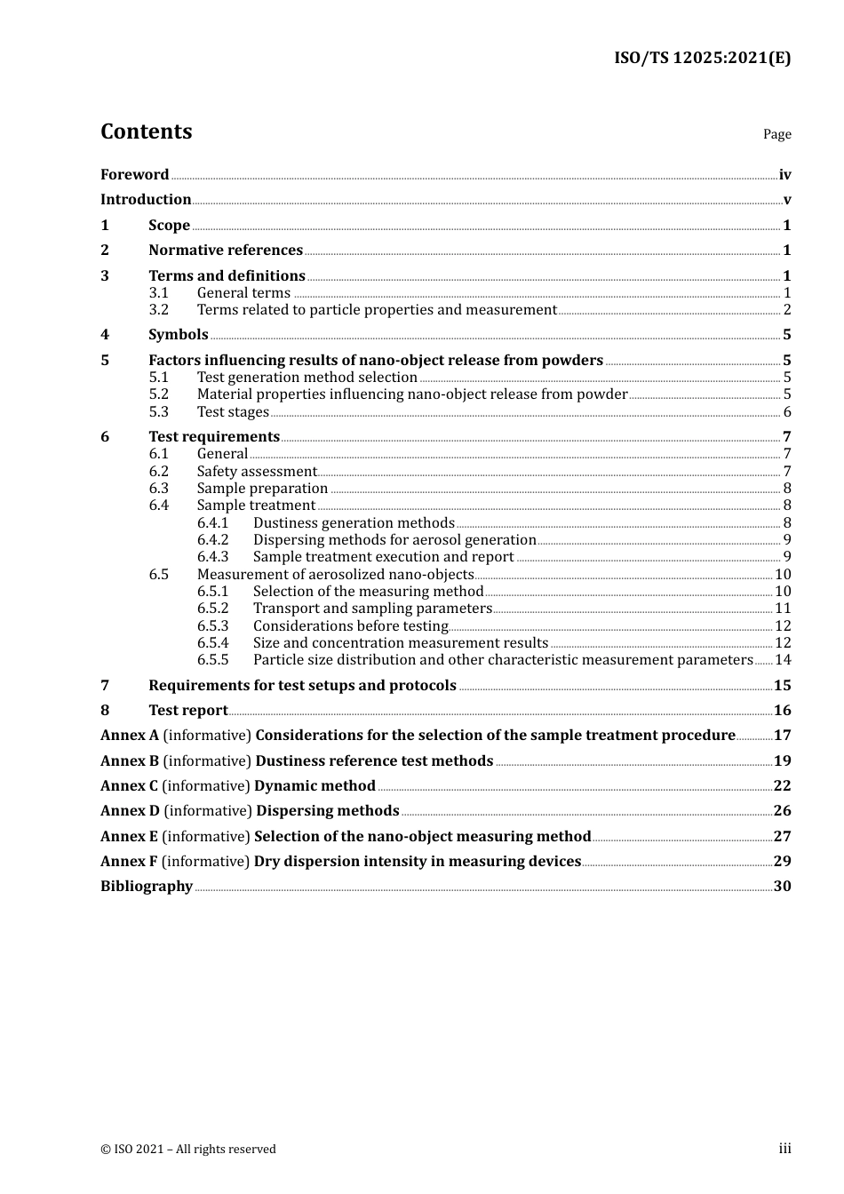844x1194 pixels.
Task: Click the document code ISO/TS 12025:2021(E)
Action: point(702,59)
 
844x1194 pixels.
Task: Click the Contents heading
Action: point(146,131)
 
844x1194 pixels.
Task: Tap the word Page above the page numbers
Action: point(776,134)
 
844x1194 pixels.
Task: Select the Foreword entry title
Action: point(134,175)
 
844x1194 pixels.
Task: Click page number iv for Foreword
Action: point(784,175)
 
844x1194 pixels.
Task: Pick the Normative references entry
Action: point(226,251)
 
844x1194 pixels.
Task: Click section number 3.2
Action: point(159,310)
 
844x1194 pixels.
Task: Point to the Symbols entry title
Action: point(178,335)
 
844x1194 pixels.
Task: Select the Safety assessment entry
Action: point(257,472)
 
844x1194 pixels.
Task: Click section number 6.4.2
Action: point(212,540)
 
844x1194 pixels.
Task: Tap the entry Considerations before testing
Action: point(350,626)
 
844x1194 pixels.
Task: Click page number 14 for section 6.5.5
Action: point(783,660)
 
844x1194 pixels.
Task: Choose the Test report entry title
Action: point(188,711)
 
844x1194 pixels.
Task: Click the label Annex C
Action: point(129,786)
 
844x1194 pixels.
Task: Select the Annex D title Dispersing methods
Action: point(327,811)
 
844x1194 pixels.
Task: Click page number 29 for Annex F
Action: point(782,862)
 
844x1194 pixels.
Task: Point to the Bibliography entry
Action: point(147,887)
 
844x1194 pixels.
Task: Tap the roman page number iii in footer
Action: point(784,1149)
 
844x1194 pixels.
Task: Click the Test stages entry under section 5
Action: point(233,412)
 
